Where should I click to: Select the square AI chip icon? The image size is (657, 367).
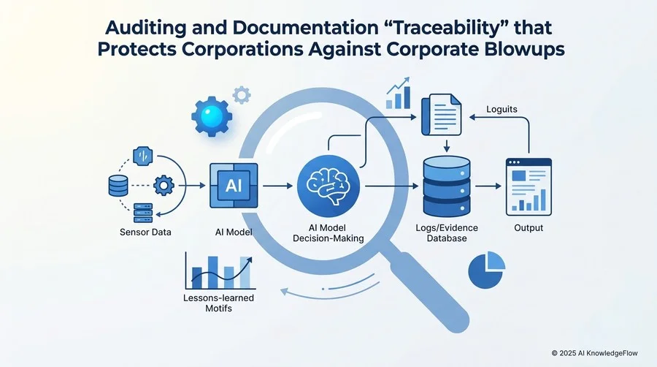pos(234,186)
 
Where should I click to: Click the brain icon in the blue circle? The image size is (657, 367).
pos(328,186)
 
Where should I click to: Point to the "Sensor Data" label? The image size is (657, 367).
pos(145,232)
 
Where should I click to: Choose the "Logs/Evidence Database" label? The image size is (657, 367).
pos(447,233)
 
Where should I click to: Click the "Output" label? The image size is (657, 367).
pos(529,228)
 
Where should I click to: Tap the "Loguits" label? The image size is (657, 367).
pos(502,110)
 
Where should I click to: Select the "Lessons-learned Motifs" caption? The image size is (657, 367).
pos(219,303)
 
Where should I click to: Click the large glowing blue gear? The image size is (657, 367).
pos(212,116)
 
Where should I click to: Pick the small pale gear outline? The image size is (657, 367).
pos(242,95)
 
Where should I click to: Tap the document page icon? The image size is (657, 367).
pos(442,115)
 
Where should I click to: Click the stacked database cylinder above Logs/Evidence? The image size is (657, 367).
pos(447,186)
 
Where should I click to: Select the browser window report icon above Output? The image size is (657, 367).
pos(529,186)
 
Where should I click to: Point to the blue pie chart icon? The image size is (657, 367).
pos(486,270)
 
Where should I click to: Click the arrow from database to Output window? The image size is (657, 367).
pos(488,186)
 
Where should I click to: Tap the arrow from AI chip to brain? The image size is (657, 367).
pos(278,186)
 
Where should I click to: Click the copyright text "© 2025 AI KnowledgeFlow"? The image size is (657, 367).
pos(594,353)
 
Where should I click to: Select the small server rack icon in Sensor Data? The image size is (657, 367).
pos(143,213)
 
